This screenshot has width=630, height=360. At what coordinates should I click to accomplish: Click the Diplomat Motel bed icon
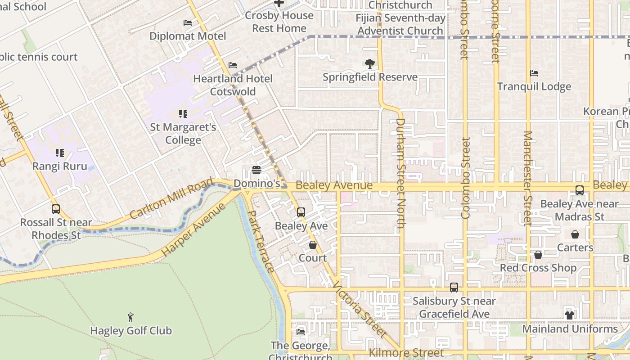pos(188,23)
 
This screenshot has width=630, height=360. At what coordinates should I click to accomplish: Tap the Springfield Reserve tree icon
pos(370,64)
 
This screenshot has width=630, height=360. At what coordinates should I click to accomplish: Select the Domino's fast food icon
pos(256,170)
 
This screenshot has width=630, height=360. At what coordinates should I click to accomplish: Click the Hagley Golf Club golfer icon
pos(130,317)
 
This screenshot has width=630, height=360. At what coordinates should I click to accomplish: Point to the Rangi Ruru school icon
pos(59,153)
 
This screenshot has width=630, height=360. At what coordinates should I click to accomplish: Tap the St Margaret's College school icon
pos(183,114)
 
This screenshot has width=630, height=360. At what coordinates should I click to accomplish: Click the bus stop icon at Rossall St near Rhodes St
pos(56,209)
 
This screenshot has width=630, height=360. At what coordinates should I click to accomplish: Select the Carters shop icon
pos(575,234)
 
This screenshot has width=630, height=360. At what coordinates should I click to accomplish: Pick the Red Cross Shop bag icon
pos(538,255)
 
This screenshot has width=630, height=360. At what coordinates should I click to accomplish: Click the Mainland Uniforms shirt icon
pos(570,315)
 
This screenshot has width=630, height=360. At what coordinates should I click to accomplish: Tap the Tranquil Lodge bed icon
pos(534,73)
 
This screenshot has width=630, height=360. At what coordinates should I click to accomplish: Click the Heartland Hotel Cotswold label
pos(233,85)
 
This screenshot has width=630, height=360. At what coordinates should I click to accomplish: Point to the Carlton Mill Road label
pos(171,198)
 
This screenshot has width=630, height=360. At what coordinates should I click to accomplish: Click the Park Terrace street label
pos(261,241)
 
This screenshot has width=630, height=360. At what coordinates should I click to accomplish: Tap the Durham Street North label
pos(400,173)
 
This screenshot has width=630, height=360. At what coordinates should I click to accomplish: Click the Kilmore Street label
pos(406,353)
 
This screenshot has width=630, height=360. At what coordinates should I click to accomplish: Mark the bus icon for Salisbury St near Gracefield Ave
pos(454,288)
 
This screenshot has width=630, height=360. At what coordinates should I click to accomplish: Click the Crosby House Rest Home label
pos(279,22)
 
